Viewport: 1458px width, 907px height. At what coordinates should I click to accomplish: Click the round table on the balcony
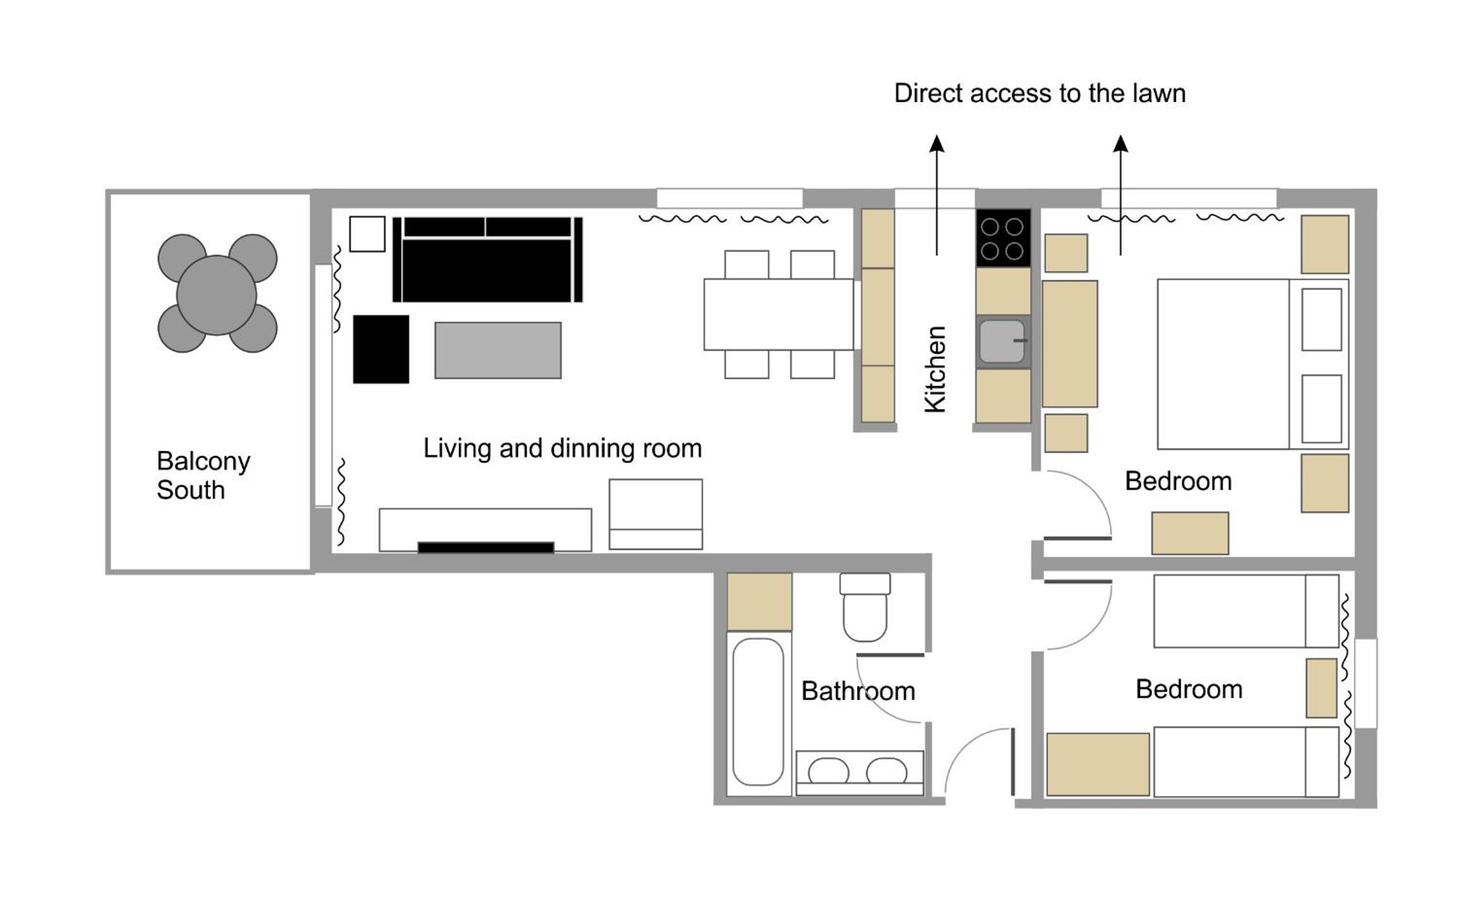pos(216,295)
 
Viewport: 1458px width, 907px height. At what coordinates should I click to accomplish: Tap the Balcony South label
pos(203,475)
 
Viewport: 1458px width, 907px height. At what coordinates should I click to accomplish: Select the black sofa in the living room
pos(487,259)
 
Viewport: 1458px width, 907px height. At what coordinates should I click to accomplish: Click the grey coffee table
pos(498,350)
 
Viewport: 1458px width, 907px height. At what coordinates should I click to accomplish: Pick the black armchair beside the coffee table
pos(381,349)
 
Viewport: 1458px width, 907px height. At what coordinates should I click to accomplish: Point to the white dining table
pos(779,314)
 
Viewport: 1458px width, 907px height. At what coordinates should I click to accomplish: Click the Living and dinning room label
pos(562,448)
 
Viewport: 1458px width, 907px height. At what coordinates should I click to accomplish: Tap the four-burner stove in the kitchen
pos(1003,238)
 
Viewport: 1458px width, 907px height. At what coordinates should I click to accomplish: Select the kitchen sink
pos(1002,341)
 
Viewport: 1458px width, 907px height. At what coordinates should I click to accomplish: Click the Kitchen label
pos(935,369)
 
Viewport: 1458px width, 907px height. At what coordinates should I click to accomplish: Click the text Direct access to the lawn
pos(1040,93)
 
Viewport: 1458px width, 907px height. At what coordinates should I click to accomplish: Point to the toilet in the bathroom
pos(865,607)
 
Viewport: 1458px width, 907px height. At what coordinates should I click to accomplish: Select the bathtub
pos(758,711)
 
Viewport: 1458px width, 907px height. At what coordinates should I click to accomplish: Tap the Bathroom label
pos(858,691)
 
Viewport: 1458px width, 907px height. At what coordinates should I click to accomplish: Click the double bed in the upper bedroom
pos(1253,364)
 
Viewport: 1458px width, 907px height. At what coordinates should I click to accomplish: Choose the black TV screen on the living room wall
pos(486,547)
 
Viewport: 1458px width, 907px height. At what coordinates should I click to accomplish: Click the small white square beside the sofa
pos(367,234)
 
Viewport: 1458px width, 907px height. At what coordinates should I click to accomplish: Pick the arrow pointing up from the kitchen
pos(937,195)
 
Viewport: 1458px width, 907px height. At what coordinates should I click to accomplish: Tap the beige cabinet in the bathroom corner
pos(760,602)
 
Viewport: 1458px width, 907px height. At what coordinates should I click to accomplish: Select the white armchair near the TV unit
pos(656,514)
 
